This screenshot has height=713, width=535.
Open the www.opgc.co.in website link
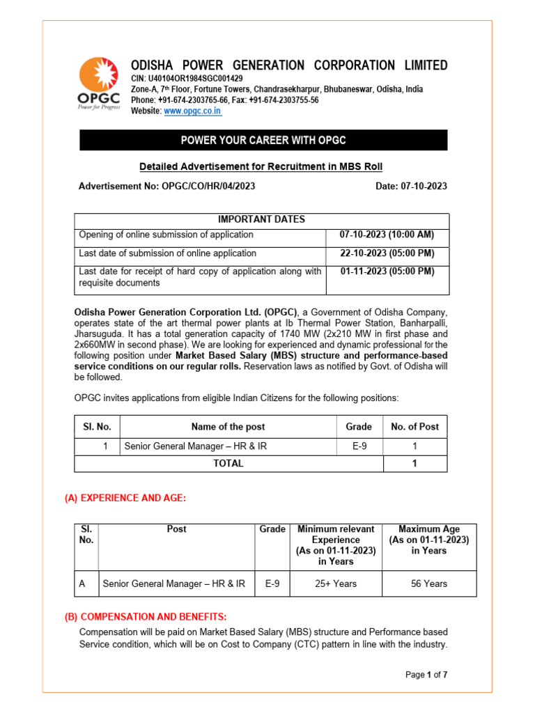192,111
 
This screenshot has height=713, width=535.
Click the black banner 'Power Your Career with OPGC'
263,140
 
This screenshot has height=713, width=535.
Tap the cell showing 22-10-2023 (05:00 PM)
387,253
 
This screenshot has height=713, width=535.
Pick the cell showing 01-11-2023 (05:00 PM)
387,272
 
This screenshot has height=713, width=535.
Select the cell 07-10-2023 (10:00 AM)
387,235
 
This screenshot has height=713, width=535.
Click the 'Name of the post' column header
228,427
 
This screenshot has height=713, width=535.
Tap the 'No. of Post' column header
415,427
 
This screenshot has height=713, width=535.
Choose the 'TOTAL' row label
228,463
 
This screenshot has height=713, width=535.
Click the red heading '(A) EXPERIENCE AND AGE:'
125,498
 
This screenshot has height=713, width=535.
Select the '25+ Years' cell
336,583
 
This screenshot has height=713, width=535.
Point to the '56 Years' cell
429,583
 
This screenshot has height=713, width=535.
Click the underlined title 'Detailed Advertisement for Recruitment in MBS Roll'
261,166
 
